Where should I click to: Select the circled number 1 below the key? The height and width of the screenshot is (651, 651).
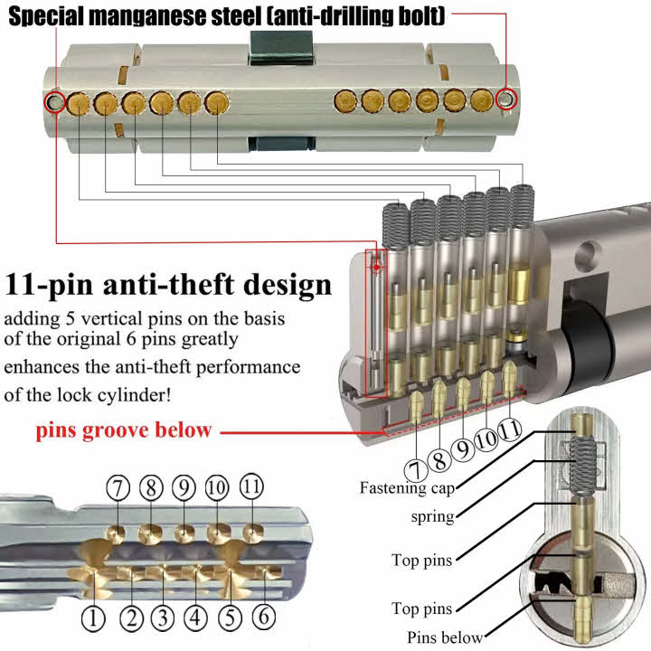(94, 618)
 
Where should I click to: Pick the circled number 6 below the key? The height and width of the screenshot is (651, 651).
(261, 618)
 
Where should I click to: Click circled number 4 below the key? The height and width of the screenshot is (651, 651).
(195, 618)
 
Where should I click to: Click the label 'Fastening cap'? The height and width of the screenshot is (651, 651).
(406, 488)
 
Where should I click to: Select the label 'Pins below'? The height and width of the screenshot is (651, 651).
(445, 637)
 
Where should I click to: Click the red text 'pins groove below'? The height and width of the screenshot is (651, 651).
(124, 429)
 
